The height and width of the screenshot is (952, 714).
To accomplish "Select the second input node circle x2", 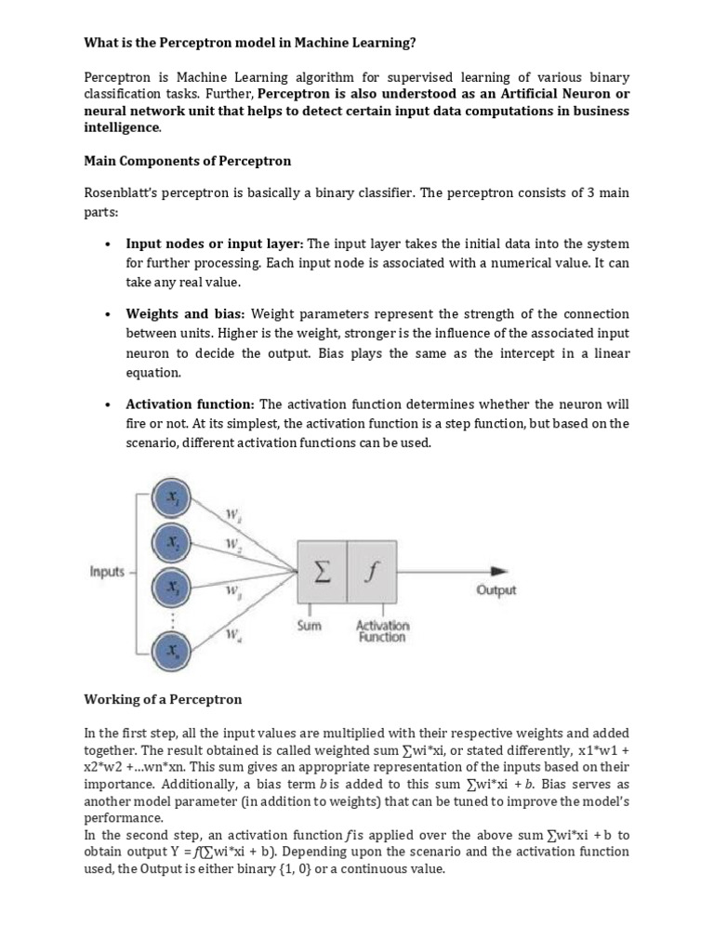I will point(171,541).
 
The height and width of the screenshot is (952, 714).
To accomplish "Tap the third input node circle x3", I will point(171,588).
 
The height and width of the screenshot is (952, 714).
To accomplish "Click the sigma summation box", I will point(321,572).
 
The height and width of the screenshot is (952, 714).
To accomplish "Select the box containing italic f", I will point(371,572).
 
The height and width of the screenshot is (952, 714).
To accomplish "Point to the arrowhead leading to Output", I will point(499,571).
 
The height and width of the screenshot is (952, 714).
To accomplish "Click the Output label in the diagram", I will point(496,590).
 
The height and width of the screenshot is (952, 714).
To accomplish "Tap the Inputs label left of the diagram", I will point(107,572).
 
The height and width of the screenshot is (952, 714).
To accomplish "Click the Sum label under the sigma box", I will point(309,626).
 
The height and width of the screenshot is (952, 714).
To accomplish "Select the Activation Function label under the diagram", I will point(382,631).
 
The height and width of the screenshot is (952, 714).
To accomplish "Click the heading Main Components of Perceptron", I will point(187,161).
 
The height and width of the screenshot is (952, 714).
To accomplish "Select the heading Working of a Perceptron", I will point(163,698).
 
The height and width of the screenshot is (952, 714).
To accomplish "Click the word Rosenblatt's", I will point(121,193).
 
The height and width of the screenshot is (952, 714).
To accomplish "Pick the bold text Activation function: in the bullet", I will point(190,403).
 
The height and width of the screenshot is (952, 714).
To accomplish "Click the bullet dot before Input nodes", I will point(109,245).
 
